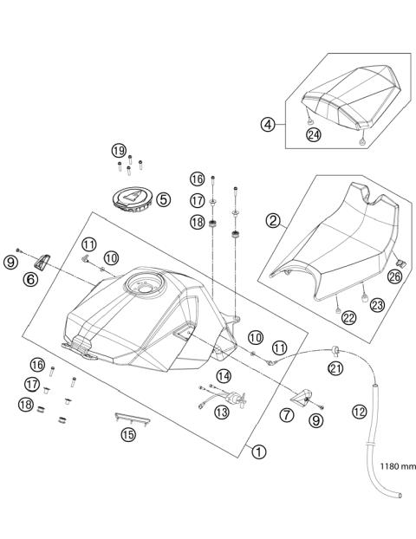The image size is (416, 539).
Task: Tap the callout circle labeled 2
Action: pyautogui.click(x=273, y=221)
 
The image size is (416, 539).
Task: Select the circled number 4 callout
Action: pyautogui.click(x=270, y=124)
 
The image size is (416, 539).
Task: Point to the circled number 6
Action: pyautogui.click(x=30, y=279)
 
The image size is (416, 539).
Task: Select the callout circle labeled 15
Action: pyautogui.click(x=128, y=435)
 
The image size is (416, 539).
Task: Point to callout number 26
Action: pyautogui.click(x=396, y=277)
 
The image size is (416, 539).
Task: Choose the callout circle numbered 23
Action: pyautogui.click(x=376, y=304)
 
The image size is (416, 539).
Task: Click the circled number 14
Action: pyautogui.click(x=224, y=376)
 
